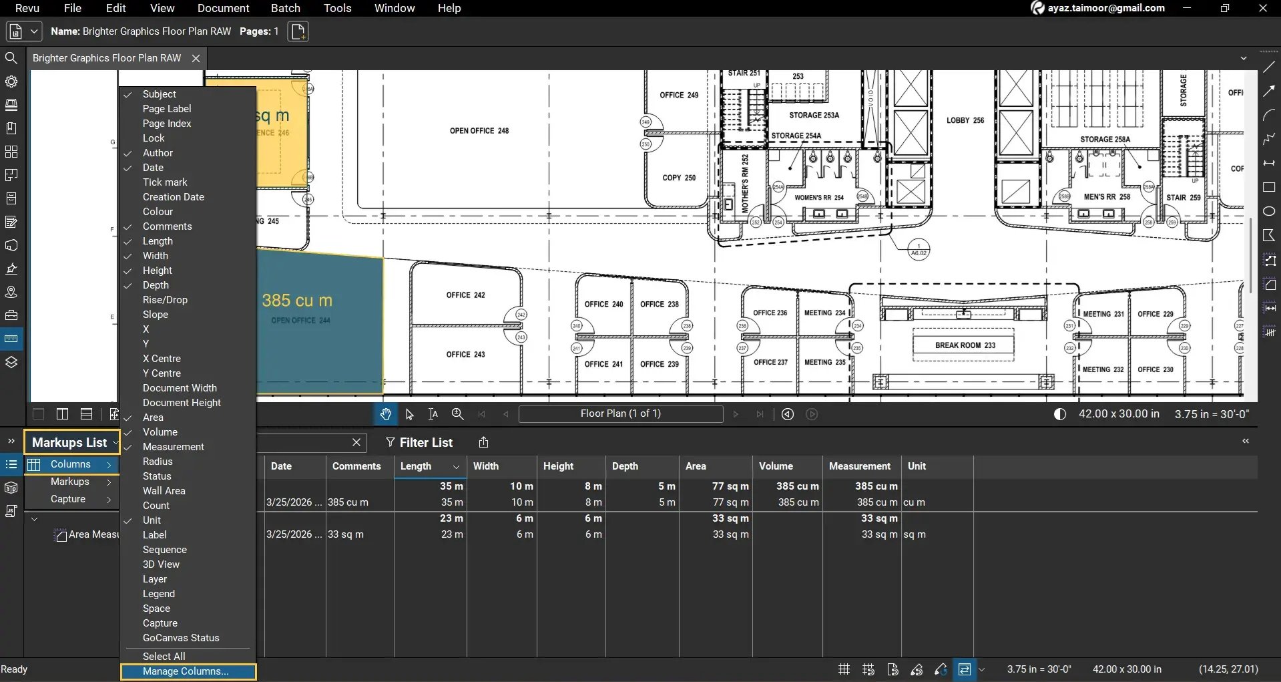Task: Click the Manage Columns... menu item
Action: [186, 671]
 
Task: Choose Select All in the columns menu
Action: [164, 657]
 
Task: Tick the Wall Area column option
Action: [164, 491]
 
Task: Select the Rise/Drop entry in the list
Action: [165, 300]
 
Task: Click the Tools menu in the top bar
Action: [337, 8]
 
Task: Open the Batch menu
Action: [285, 8]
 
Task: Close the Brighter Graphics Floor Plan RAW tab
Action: [196, 58]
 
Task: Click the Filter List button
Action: [419, 442]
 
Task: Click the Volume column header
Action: [776, 466]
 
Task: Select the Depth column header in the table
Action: [625, 466]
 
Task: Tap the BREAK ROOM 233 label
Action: [965, 345]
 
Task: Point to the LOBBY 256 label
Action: [965, 120]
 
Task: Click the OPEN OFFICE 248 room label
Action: [479, 131]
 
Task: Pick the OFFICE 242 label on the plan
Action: [465, 295]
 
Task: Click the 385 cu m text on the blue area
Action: [296, 301]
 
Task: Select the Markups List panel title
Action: [69, 442]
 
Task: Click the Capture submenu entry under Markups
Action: [68, 499]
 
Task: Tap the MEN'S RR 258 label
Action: [1106, 197]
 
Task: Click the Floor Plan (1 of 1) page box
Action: [620, 413]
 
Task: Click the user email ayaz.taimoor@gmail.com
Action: [1105, 8]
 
